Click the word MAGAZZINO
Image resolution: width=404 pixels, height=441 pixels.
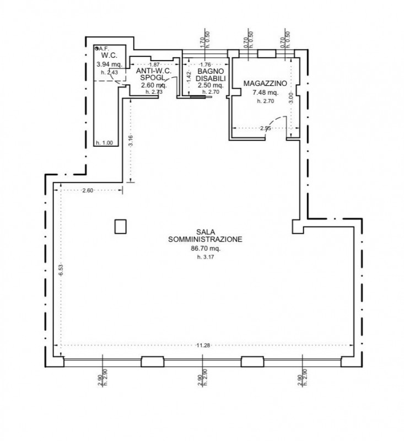[265, 83]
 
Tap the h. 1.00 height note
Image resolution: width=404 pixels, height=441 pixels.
[104, 143]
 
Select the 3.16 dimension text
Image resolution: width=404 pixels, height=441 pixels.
[131, 140]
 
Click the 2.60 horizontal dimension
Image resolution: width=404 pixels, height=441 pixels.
[88, 190]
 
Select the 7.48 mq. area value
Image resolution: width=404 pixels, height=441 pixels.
[265, 93]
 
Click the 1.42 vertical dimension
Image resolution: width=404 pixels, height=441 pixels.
[188, 76]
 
